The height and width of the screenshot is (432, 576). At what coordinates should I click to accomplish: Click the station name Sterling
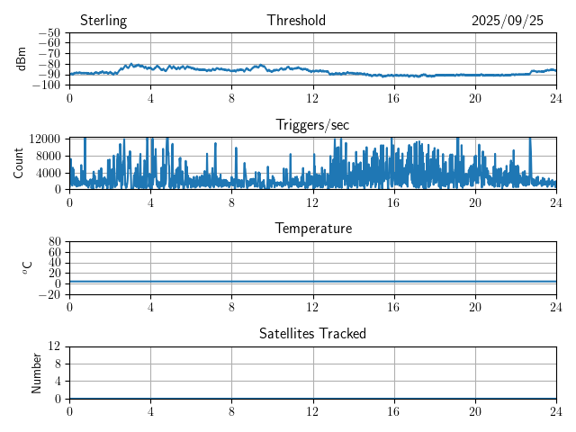(103, 21)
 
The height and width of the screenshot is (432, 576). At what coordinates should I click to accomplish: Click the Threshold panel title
(296, 21)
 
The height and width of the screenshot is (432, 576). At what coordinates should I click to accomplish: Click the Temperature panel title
(313, 229)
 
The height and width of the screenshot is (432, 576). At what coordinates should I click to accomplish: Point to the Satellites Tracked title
(313, 333)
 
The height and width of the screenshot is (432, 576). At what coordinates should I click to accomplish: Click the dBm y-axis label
(22, 58)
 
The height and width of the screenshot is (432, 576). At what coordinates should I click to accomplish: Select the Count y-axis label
(18, 163)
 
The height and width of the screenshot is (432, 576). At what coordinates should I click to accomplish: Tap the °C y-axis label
(27, 267)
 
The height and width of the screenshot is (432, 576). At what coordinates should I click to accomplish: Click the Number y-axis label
(37, 372)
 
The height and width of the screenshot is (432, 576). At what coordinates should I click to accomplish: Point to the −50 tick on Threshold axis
(49, 33)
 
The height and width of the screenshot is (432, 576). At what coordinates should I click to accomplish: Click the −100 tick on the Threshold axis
(46, 85)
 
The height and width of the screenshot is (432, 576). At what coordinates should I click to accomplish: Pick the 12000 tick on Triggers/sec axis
(45, 139)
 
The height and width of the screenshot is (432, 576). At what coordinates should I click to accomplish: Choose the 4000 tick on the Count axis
(49, 172)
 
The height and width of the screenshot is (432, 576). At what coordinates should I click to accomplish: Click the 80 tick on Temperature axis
(54, 242)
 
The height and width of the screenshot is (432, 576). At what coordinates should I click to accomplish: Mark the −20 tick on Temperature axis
(49, 294)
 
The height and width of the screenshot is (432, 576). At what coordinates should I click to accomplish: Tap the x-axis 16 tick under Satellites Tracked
(394, 410)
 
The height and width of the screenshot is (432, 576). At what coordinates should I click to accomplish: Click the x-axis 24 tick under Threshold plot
(556, 97)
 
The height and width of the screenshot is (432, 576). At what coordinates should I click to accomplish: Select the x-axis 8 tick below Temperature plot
(231, 306)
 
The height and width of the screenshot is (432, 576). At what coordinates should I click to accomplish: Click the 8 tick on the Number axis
(57, 364)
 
